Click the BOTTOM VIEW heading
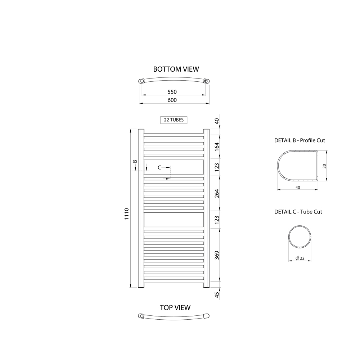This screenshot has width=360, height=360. pyautogui.click(x=176, y=69)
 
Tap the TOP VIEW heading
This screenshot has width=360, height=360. pyautogui.click(x=175, y=308)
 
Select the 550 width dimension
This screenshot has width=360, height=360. pyautogui.click(x=172, y=92)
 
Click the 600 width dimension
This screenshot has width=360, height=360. pyautogui.click(x=172, y=100)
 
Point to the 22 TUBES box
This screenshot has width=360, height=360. pyautogui.click(x=174, y=120)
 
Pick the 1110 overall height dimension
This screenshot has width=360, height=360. pyautogui.click(x=126, y=214)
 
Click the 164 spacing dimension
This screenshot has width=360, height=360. pyautogui.click(x=217, y=147)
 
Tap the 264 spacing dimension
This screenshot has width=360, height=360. pyautogui.click(x=217, y=194)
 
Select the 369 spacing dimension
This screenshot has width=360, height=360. pyautogui.click(x=217, y=255)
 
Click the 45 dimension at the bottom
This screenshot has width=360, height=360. pyautogui.click(x=217, y=295)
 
